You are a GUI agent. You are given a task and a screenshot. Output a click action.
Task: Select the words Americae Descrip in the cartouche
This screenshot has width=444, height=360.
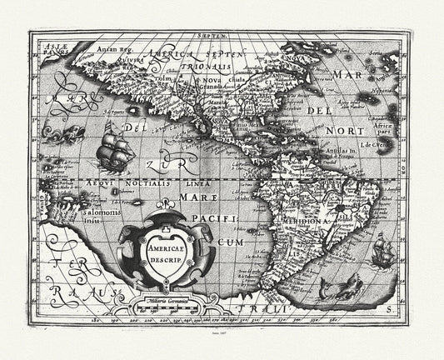(166, 253)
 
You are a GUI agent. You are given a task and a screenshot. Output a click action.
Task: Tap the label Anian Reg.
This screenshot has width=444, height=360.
(110, 50)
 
